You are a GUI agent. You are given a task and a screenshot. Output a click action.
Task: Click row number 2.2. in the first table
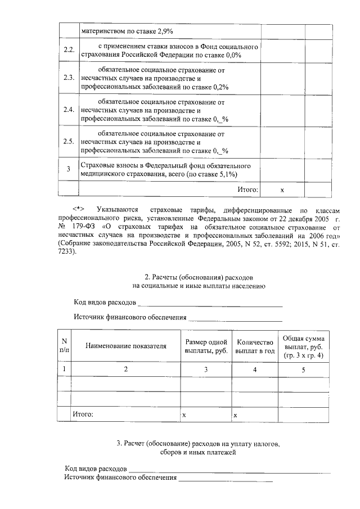click(69, 50)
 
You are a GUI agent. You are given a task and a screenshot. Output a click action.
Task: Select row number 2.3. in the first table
click(69, 78)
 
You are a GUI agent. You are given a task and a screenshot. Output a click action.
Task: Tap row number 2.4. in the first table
click(69, 110)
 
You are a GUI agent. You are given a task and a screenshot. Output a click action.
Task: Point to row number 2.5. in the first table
click(69, 141)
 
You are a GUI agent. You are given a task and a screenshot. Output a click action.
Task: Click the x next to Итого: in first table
click(282, 190)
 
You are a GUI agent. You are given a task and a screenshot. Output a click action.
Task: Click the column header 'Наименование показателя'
click(126, 346)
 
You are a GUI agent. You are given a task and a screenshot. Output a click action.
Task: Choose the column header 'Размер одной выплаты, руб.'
click(206, 346)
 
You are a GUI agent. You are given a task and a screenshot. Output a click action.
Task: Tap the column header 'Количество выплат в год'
click(255, 346)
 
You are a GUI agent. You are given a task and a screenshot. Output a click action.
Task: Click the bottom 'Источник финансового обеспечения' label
click(120, 478)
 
